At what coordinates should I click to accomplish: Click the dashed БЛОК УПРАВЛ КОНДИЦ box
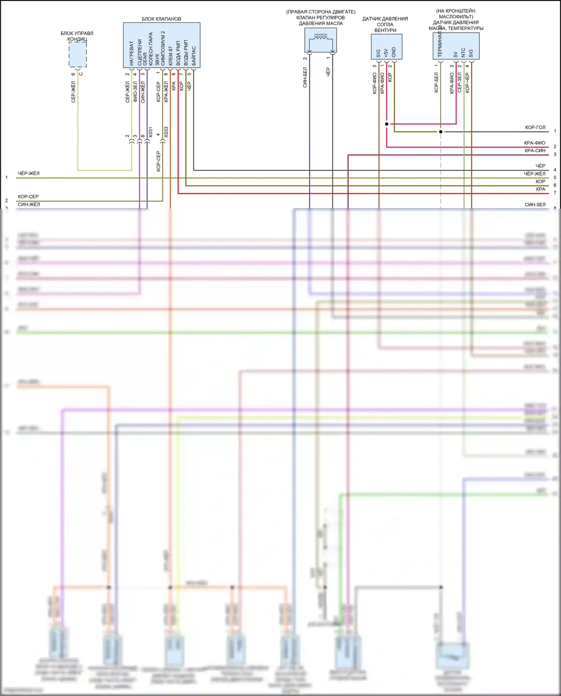tap(78, 55)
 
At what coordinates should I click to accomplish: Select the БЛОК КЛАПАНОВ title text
tap(161, 19)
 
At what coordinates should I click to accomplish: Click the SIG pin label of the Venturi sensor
tap(378, 53)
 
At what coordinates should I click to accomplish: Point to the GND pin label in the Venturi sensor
tap(394, 52)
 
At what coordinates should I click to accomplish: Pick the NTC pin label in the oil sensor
tap(463, 52)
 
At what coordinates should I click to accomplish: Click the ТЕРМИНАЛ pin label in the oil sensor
tap(440, 44)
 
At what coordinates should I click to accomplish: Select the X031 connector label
tap(150, 132)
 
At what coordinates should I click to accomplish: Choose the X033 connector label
tap(166, 132)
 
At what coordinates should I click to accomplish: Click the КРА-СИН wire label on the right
tap(535, 151)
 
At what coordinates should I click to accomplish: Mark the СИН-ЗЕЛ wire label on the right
tap(535, 205)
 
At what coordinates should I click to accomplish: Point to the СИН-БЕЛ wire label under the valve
tap(305, 77)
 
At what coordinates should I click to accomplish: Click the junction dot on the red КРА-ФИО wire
tap(387, 124)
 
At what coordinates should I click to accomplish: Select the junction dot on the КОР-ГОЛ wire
tap(441, 132)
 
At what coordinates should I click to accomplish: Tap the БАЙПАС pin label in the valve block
tap(194, 56)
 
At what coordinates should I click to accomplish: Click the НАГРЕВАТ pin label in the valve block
tap(131, 53)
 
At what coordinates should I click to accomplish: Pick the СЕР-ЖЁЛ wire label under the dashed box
tap(73, 92)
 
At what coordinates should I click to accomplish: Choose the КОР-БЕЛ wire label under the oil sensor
tap(436, 82)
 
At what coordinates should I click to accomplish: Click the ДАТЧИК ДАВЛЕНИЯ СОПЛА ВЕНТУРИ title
tap(385, 24)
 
